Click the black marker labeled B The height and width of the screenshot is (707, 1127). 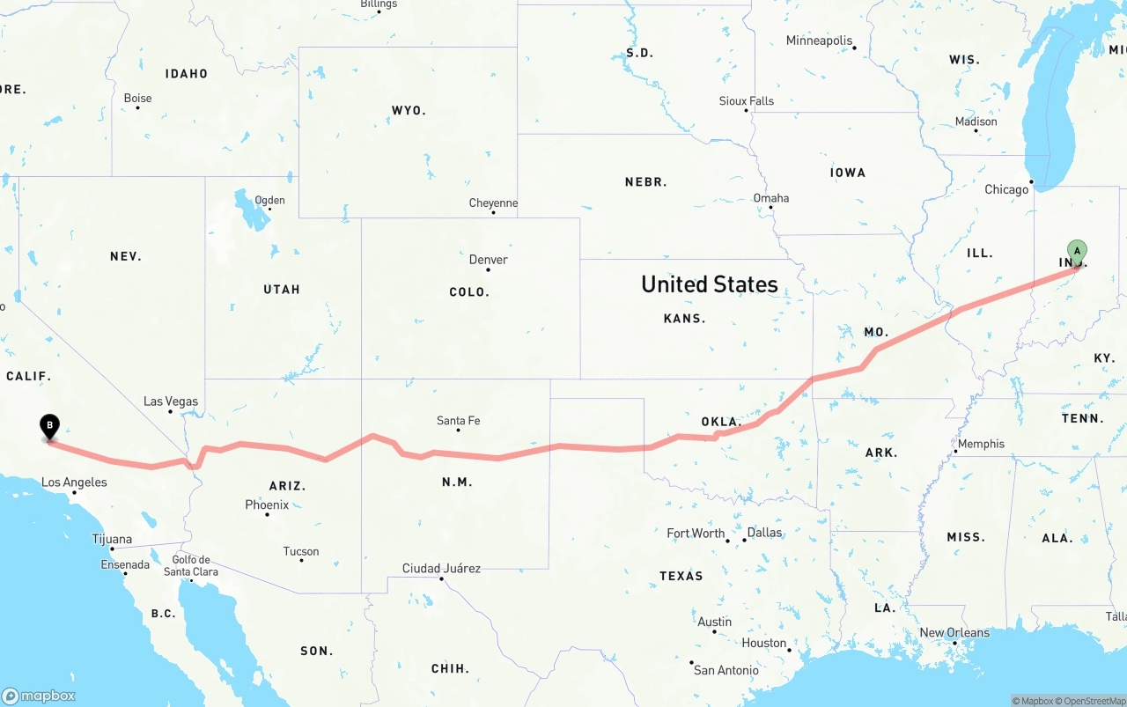50,427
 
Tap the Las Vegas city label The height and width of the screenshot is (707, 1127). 171,401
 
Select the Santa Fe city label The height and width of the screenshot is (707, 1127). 458,421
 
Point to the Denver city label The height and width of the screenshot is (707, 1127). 488,260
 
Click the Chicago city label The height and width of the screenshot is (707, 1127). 1006,189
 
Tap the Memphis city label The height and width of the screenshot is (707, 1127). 981,444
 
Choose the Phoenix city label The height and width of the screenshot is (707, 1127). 267,504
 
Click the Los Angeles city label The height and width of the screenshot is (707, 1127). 74,482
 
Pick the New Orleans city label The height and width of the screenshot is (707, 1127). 954,632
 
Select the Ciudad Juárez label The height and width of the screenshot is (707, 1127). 441,568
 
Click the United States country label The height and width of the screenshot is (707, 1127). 709,284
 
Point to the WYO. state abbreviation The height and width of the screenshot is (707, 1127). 409,111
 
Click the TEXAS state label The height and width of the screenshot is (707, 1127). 681,576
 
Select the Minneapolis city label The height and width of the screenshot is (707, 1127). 819,41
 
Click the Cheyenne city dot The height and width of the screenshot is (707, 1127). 493,213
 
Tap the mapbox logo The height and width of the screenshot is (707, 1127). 38,696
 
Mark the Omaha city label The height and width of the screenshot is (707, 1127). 770,198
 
